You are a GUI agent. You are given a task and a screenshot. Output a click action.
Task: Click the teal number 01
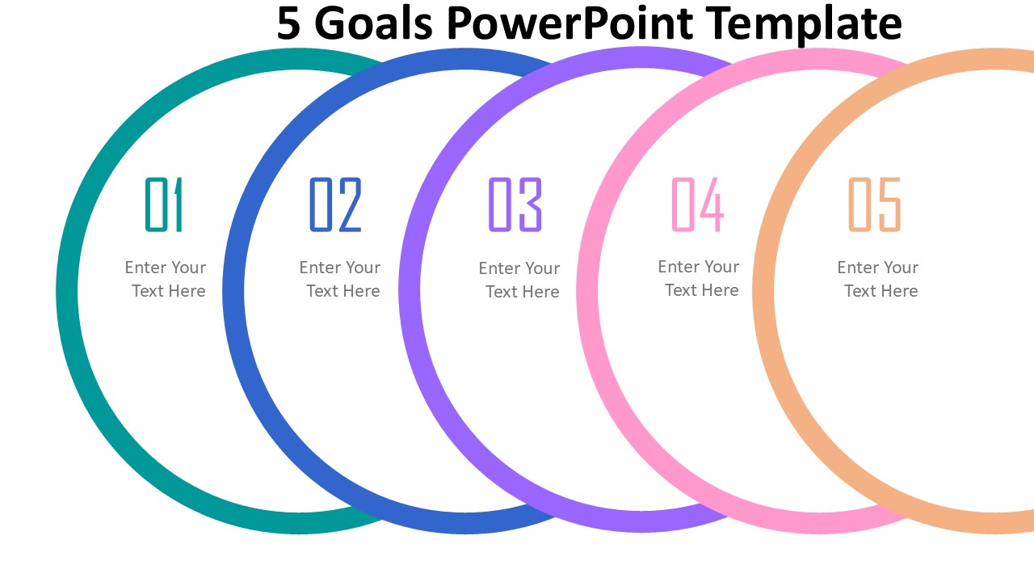pos(165,205)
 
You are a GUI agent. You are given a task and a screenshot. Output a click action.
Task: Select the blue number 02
pos(335,205)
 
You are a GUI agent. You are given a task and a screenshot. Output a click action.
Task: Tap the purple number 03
pos(515,205)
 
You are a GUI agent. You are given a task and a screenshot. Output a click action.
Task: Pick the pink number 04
pos(697,205)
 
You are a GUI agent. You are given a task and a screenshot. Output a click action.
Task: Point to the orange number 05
pos(874,205)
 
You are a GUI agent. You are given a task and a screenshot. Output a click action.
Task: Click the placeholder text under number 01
pos(166,279)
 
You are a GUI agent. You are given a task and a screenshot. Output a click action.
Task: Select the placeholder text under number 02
pos(340,279)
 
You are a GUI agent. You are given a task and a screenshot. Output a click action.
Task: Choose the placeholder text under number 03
pos(519,280)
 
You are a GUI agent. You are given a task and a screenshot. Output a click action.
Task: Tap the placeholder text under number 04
pos(699,278)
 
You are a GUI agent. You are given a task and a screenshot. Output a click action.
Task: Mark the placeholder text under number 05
pos(878,279)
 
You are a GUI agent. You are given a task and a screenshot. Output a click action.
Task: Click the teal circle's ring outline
pos(67,291)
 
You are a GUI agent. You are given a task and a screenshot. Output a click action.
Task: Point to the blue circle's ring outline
pos(233,291)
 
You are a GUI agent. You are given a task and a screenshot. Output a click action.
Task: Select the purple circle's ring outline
pos(410,291)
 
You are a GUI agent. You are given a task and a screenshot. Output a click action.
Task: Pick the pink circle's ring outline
pos(587,291)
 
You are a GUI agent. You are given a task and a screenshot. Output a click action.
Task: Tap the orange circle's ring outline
pos(763,291)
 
